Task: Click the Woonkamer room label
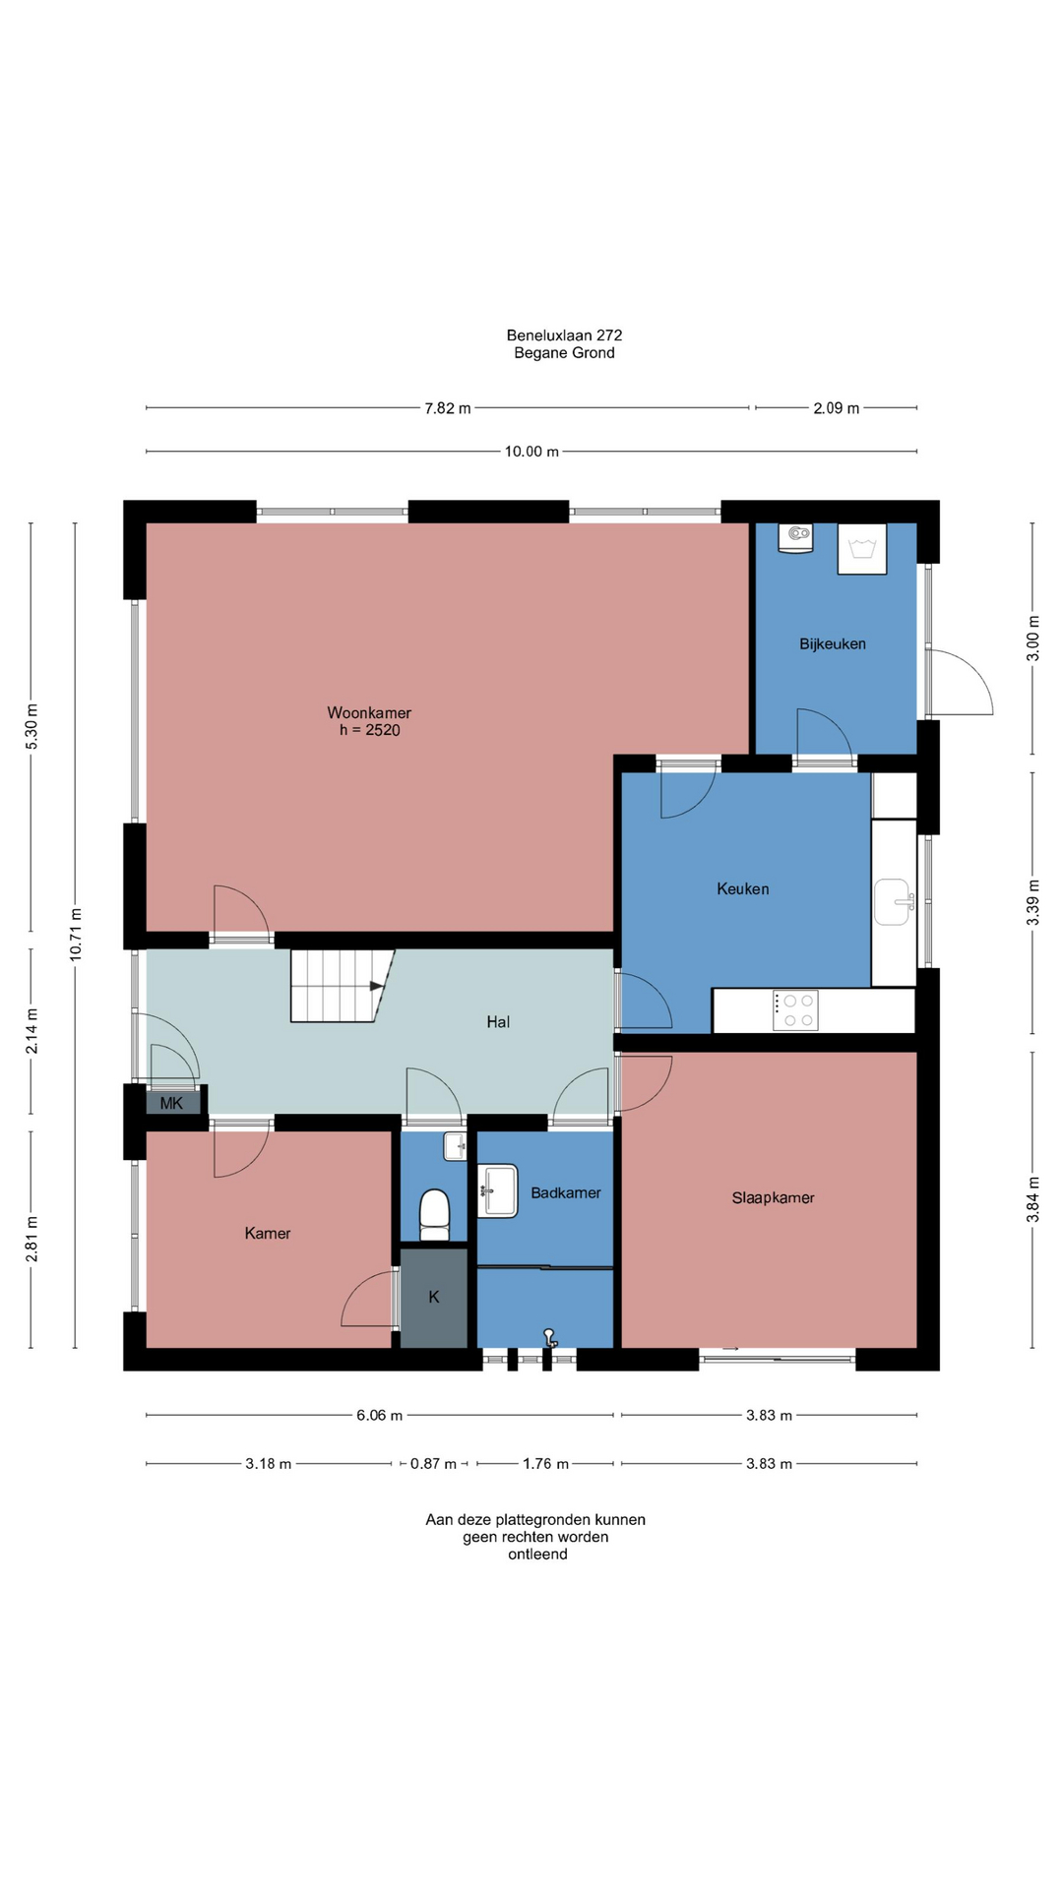point(369,712)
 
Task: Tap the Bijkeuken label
point(833,644)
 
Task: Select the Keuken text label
point(743,888)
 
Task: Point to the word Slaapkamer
point(774,1197)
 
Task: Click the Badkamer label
point(566,1192)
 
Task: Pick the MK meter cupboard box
point(173,1103)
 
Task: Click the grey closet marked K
point(434,1298)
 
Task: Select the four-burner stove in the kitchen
point(795,1010)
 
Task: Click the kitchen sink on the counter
point(894,902)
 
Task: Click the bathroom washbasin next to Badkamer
point(498,1190)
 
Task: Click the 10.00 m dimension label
point(531,452)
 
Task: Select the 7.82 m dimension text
point(448,408)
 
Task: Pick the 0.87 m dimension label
point(433,1464)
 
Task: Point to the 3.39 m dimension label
point(1033,902)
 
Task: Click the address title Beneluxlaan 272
point(565,335)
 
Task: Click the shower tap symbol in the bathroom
point(550,1337)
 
